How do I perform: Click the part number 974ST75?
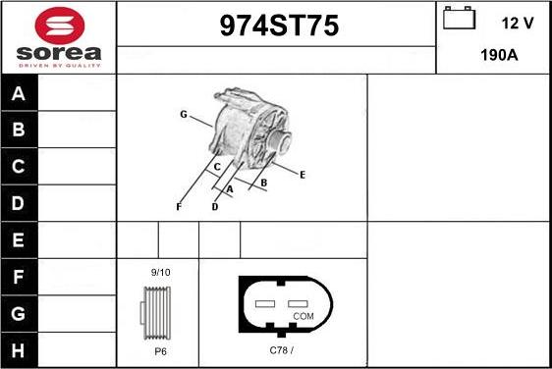[279, 26]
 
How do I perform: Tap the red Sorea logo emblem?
[60, 26]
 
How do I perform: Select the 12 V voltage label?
[518, 24]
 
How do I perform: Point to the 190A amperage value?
[499, 55]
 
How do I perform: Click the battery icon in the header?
[459, 18]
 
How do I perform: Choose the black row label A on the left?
[19, 93]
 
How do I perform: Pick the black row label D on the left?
[19, 203]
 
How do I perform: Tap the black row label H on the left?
[19, 350]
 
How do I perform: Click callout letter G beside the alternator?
[184, 114]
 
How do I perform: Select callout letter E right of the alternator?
[303, 175]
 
